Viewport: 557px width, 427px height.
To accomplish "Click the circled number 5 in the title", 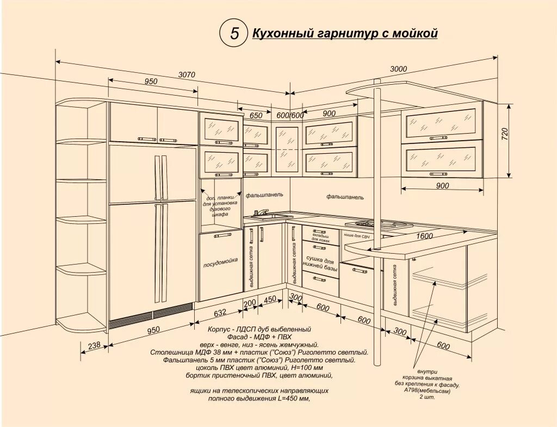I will coord(234,33).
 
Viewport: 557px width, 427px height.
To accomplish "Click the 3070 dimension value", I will coord(187,75).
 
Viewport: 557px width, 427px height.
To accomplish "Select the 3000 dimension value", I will coord(399,69).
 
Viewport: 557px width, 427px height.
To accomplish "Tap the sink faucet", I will coord(262,212).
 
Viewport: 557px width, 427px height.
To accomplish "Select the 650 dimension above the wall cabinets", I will coord(256,115).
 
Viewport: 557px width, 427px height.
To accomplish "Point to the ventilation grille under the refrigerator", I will coord(151,316).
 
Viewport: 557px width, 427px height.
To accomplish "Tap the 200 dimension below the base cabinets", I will coord(250,303).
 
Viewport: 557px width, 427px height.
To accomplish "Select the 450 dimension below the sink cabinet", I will coord(270,299).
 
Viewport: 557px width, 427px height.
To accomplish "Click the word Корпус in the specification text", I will coord(219,330).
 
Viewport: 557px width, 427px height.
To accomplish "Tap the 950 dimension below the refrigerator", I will coord(153,329).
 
